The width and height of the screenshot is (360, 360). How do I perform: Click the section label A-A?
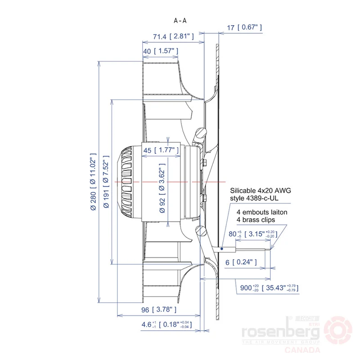[180, 21]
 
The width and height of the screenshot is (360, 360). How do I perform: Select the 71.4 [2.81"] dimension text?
[173, 36]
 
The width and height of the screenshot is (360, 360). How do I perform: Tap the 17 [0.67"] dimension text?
[244, 27]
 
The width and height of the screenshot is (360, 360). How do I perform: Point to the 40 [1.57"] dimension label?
[161, 51]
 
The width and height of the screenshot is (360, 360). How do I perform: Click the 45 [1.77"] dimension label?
[161, 150]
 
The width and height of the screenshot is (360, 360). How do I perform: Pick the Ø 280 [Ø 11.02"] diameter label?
[93, 182]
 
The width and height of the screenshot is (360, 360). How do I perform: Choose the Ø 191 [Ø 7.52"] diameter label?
[106, 182]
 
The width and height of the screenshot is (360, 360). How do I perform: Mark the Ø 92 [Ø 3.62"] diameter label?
[162, 188]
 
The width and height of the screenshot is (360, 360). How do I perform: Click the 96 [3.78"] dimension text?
[159, 310]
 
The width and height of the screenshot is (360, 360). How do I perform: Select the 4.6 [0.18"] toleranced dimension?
[166, 324]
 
